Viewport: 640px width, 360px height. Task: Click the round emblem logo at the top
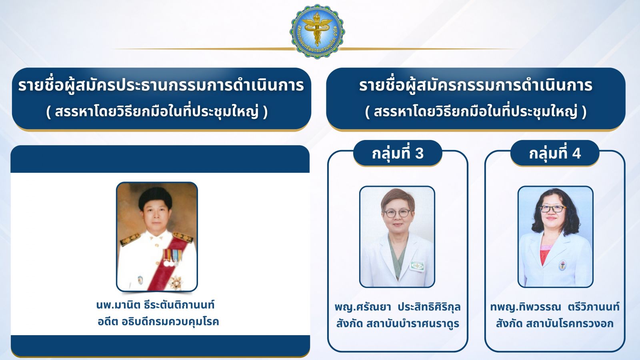pos(318,32)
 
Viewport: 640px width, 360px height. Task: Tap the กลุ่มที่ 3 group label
pos(398,153)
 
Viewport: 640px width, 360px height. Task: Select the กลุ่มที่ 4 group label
pos(555,153)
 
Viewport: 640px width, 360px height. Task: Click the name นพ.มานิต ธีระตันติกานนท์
pos(156,305)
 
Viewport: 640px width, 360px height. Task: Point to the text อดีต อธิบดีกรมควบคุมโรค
pos(158,322)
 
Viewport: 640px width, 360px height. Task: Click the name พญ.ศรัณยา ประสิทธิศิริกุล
pos(398,307)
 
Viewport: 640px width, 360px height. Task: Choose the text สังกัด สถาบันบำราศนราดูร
pos(398,324)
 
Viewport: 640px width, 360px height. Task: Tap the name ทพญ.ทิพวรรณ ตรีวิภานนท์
pos(555,307)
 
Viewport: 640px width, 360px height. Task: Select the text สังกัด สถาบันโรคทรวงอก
pos(555,324)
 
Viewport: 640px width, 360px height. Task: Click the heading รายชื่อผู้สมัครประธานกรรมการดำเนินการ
pos(161,86)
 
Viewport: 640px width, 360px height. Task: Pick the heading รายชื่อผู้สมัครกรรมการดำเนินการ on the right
pos(476,86)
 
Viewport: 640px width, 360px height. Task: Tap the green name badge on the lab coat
pos(418,266)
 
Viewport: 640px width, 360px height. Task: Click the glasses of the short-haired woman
pos(398,213)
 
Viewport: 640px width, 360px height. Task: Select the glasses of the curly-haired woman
pos(552,209)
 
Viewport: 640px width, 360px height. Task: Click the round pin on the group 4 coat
pos(562,266)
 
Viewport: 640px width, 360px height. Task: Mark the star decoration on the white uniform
pos(176,282)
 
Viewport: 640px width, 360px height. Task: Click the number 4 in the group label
pos(576,154)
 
